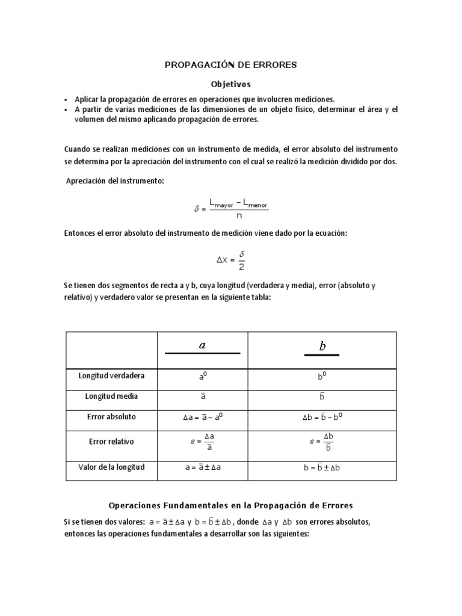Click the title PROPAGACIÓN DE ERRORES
pos(231,64)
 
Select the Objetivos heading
pos(230,84)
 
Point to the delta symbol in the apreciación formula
pos(196,209)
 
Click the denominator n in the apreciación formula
pos(238,215)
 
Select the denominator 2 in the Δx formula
pos(241,266)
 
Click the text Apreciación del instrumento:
pos(114,182)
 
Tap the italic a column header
pos(202,345)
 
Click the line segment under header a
pos(202,354)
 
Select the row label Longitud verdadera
pos(111,376)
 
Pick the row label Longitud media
pos(111,396)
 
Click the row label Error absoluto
pos(111,416)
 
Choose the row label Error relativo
pos(111,442)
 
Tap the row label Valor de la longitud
pos(111,467)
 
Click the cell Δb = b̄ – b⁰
pos(322,417)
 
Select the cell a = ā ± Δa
pos(202,468)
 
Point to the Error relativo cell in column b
pos(322,442)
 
